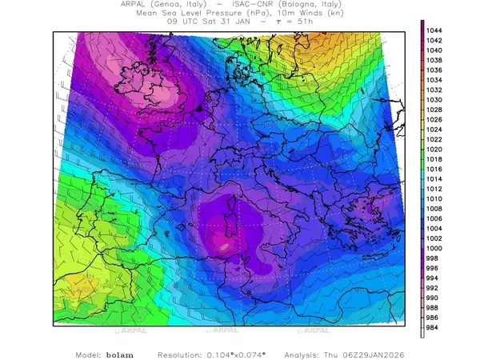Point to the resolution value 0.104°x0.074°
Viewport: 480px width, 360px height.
242,354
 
